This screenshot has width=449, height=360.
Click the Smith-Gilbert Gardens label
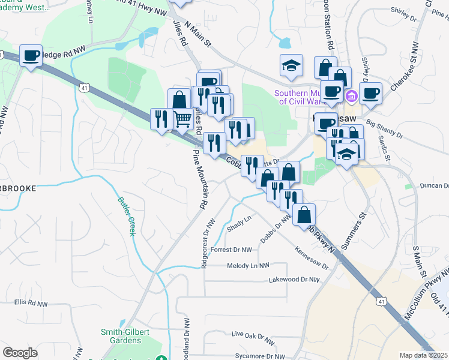(128, 336)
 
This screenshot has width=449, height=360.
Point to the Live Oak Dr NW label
(253, 334)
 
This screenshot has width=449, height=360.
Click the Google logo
(20, 353)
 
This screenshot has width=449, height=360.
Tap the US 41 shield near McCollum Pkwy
(381, 302)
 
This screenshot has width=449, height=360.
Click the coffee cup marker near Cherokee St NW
(371, 93)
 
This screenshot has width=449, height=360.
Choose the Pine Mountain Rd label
(200, 178)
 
